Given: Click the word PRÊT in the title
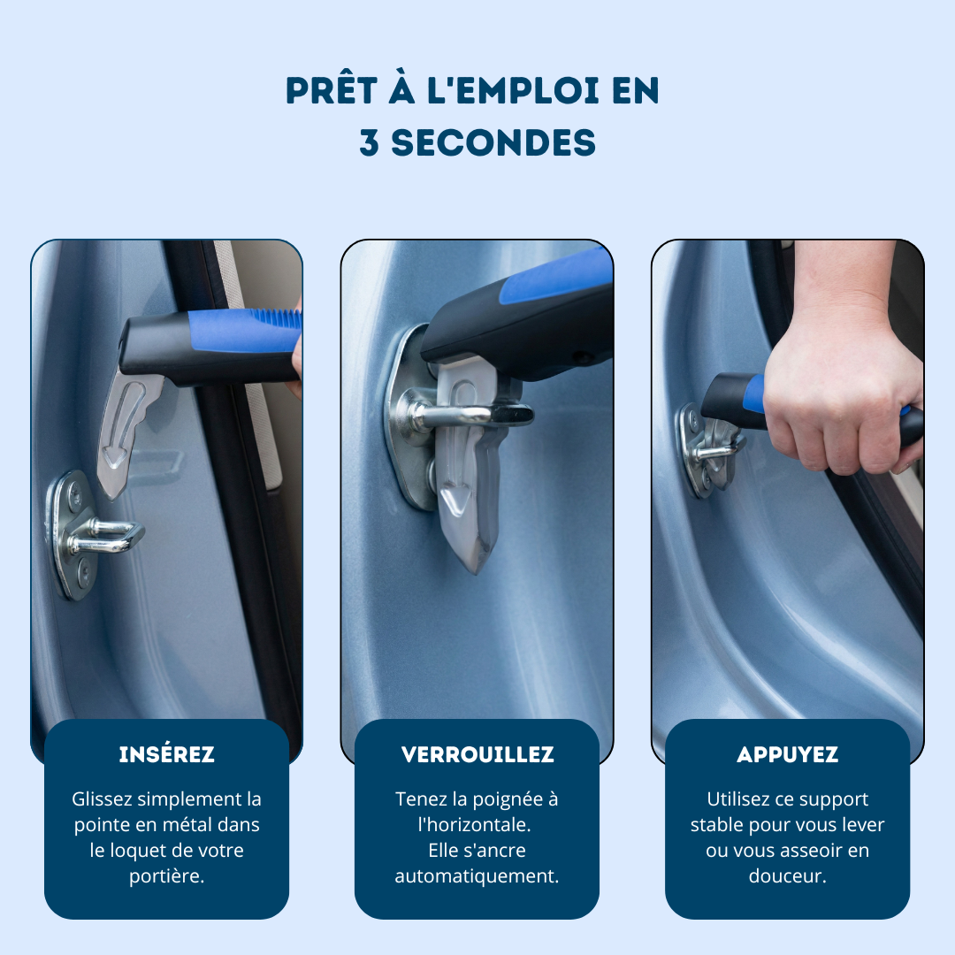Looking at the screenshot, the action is (x=332, y=91).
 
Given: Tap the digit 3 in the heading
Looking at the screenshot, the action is (x=369, y=142).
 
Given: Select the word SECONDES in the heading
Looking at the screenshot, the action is (x=493, y=142).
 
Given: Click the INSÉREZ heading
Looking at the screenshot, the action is (x=166, y=754).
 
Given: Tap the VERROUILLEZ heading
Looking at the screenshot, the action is (x=477, y=754).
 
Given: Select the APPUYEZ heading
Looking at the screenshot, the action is (x=788, y=754).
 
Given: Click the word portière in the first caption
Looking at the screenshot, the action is (x=166, y=875).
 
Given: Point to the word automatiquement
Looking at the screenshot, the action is (x=477, y=875).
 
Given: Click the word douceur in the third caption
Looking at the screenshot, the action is (x=788, y=875).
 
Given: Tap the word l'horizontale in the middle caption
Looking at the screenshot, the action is (x=475, y=825).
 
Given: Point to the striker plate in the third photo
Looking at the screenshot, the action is (x=698, y=451).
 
